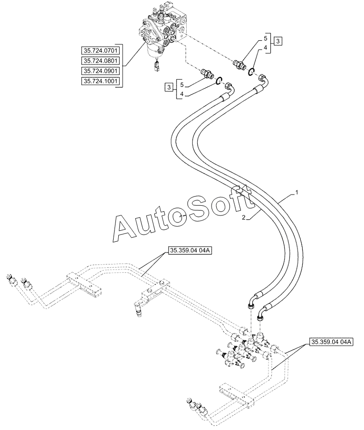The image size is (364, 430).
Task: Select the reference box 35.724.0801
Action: click(101, 61)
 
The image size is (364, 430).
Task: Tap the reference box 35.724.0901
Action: click(101, 71)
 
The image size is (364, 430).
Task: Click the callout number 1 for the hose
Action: click(297, 193)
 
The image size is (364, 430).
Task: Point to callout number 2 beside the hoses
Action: click(243, 218)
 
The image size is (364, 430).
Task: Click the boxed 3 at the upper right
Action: click(278, 42)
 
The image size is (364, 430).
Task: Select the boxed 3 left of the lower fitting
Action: click(169, 87)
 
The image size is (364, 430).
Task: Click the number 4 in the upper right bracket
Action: click(265, 48)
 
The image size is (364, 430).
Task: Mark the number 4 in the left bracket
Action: click(182, 94)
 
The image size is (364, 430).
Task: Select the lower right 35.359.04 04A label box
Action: click(332, 342)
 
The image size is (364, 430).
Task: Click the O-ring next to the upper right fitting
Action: click(252, 71)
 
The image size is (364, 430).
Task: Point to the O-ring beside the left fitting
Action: click(218, 80)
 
